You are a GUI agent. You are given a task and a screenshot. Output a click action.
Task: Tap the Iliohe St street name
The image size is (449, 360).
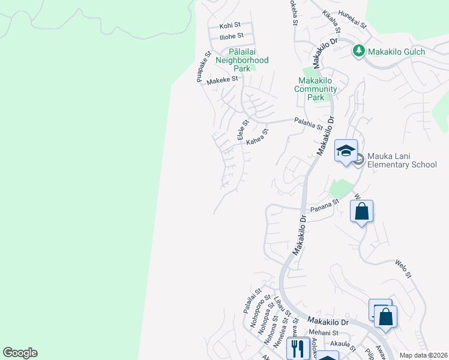click(231, 36)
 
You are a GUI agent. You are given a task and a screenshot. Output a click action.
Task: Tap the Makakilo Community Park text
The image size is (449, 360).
click(316, 89)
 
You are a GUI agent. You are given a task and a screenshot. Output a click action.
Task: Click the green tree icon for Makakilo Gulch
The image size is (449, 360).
click(358, 52)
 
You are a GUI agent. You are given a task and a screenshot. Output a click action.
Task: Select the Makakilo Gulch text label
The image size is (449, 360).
click(396, 52)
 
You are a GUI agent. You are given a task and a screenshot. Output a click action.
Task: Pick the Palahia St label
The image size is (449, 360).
click(309, 124)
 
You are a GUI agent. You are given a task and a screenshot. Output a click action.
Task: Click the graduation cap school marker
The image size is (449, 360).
click(346, 150)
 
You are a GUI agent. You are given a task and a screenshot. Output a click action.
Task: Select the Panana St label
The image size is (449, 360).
click(324, 207)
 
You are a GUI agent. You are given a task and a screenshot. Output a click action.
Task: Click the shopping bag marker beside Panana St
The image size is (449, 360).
click(361, 211)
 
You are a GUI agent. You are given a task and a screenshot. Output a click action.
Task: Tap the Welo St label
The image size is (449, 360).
click(403, 268)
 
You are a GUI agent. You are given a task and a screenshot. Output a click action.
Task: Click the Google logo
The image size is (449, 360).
click(20, 353)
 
